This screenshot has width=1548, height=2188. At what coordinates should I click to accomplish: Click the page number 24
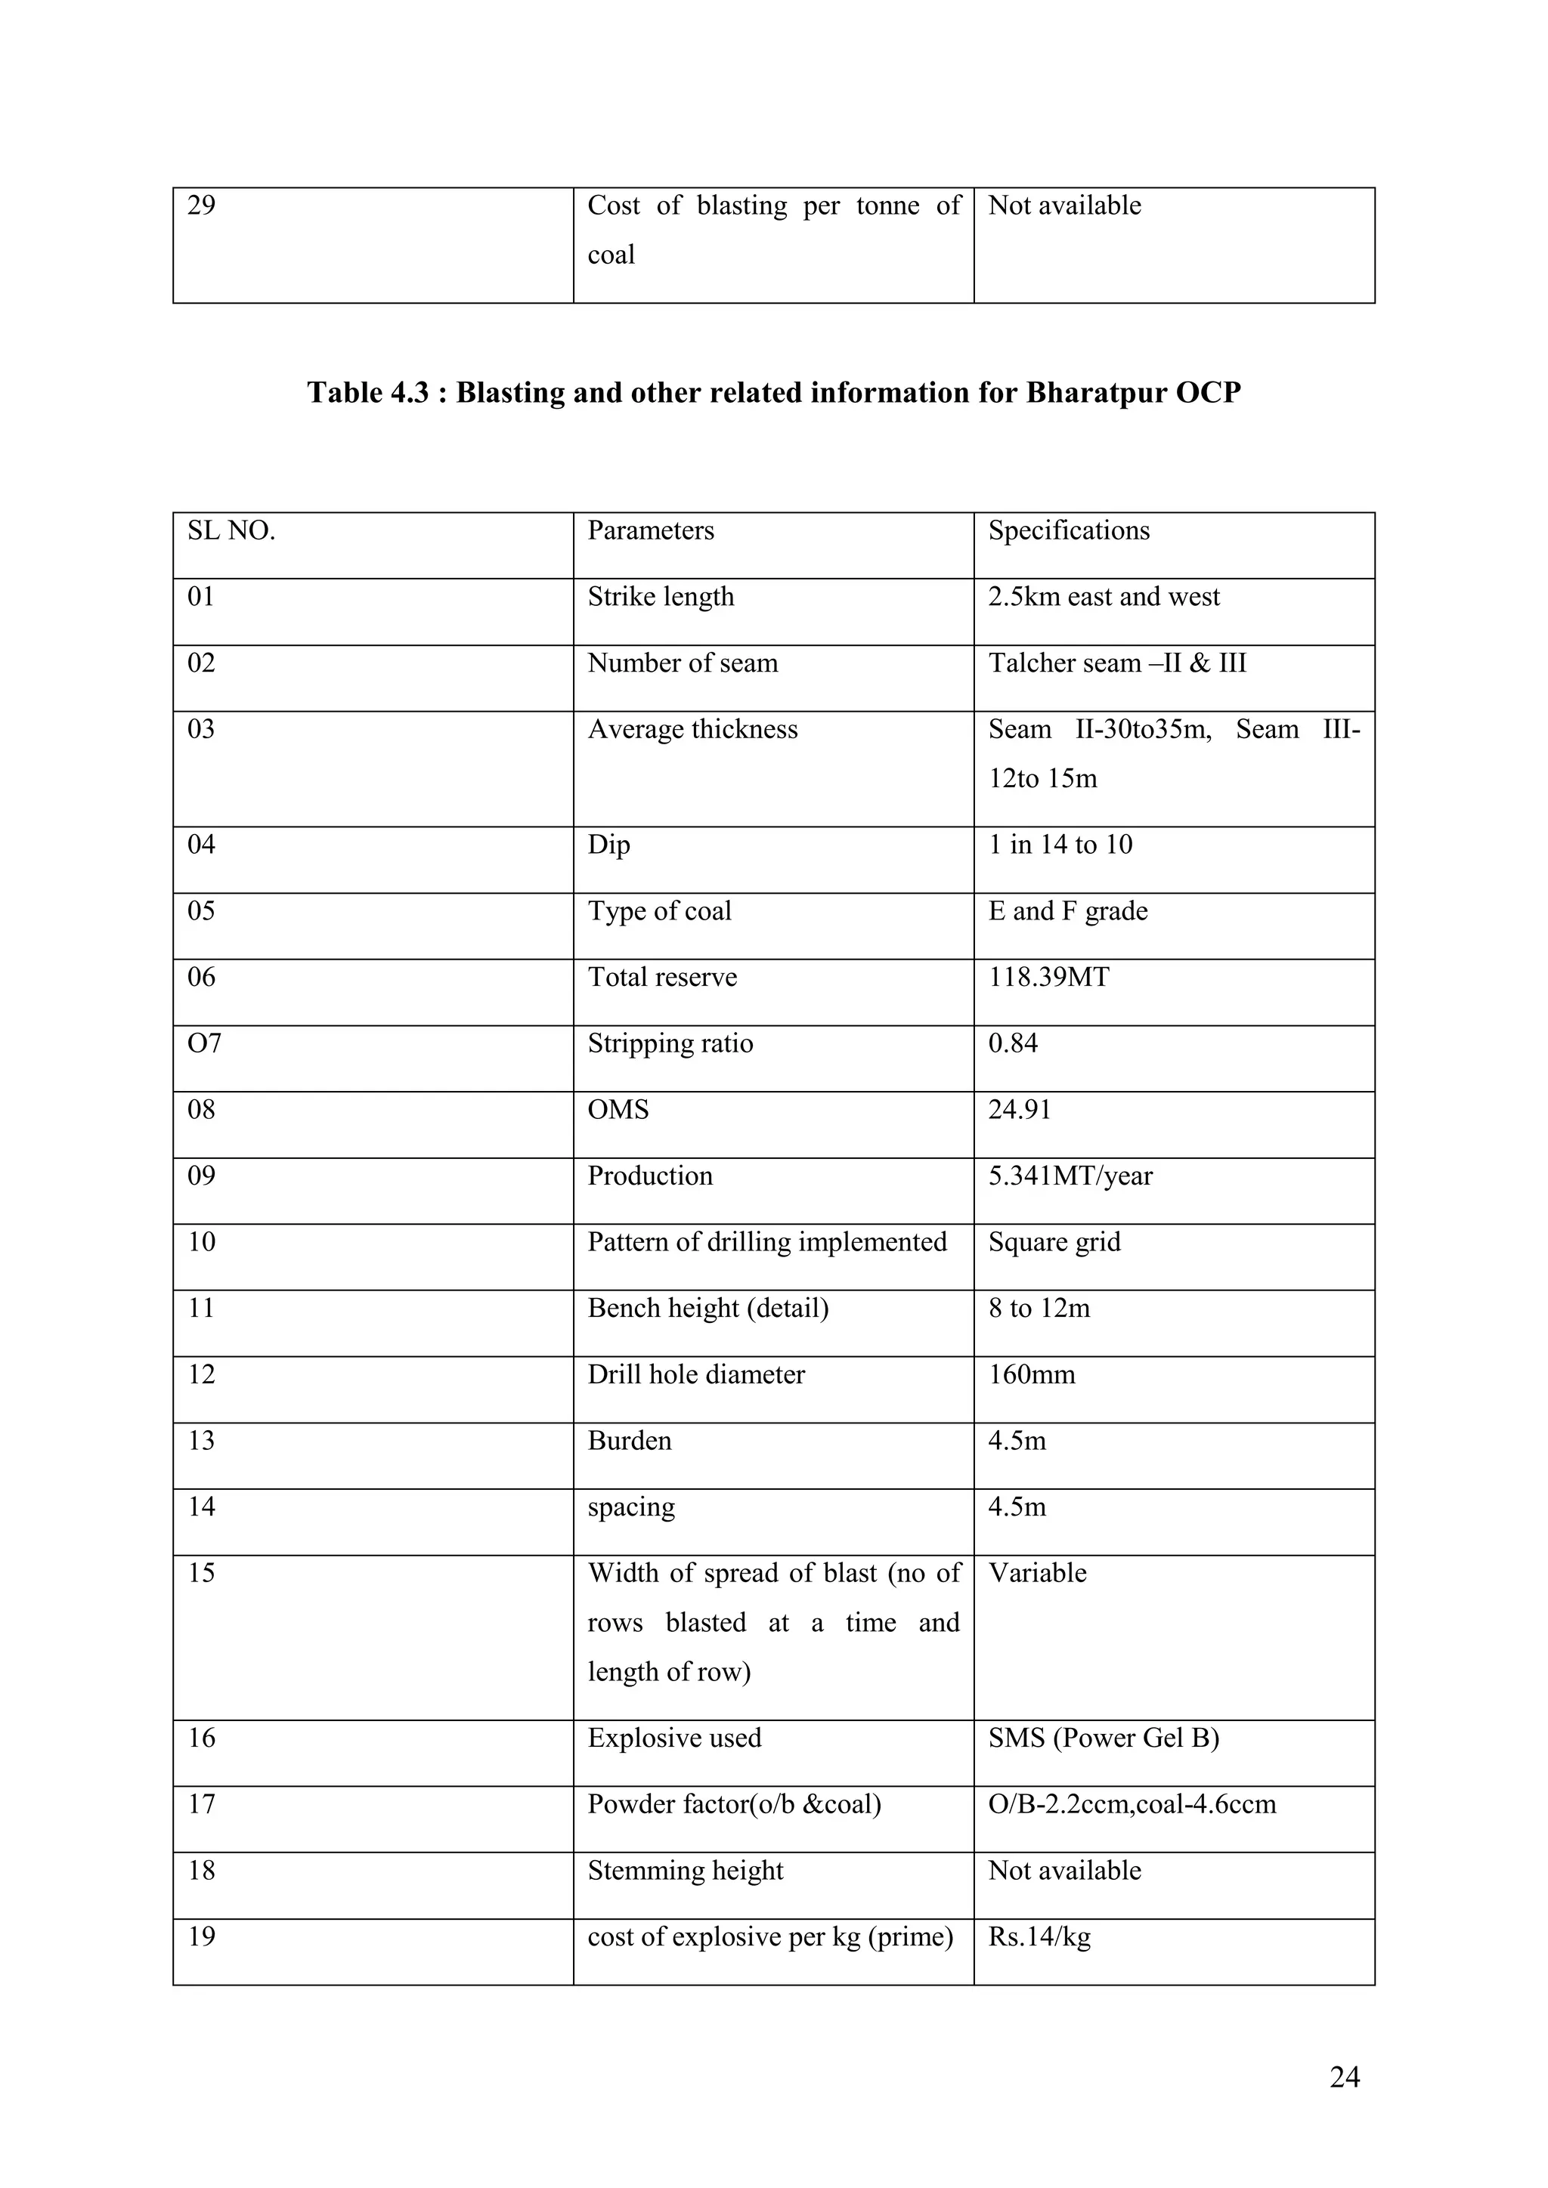pos(1344,2078)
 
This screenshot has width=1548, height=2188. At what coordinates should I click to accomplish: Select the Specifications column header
pos(1069,531)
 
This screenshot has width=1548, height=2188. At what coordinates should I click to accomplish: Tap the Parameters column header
pos(650,531)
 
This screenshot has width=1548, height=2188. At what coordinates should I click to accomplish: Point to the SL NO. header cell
pos(231,531)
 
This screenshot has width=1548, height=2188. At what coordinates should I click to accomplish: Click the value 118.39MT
pos(1048,977)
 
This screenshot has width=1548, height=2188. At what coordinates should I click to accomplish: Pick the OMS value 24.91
pos(1019,1109)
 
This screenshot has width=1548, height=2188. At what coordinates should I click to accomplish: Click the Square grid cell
pos(1054,1242)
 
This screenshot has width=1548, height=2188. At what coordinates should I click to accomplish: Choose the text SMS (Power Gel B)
pos(1104,1738)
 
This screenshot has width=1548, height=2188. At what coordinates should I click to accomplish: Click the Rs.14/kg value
pos(1039,1936)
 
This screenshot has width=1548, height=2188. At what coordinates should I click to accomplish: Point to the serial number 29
pos(201,206)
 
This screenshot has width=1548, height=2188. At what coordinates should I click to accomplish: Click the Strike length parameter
pos(661,597)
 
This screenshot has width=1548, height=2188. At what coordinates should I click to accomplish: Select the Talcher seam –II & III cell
pos(1117,663)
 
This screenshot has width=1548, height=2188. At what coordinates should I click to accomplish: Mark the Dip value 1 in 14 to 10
pos(1060,845)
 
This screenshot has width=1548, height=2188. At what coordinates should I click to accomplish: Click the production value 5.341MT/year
pos(1070,1176)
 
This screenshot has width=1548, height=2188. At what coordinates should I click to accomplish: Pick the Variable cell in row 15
pos(1037,1573)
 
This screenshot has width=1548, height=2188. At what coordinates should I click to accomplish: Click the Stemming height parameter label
pos(686,1871)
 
